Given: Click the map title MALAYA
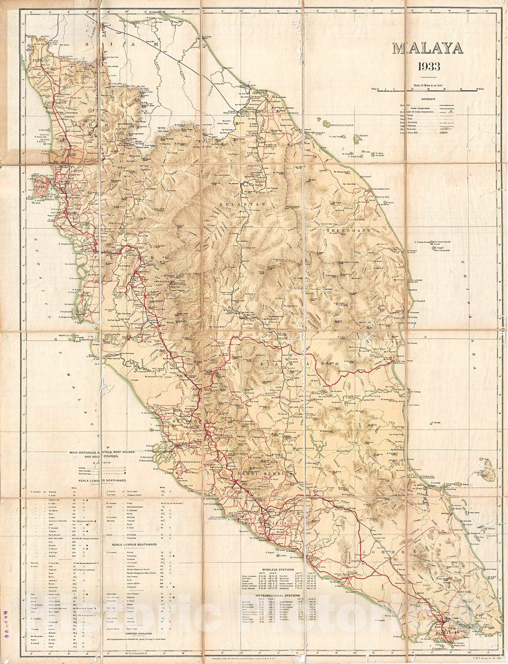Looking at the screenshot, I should pyautogui.click(x=428, y=48).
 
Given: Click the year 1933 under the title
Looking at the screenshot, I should pyautogui.click(x=429, y=67).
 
